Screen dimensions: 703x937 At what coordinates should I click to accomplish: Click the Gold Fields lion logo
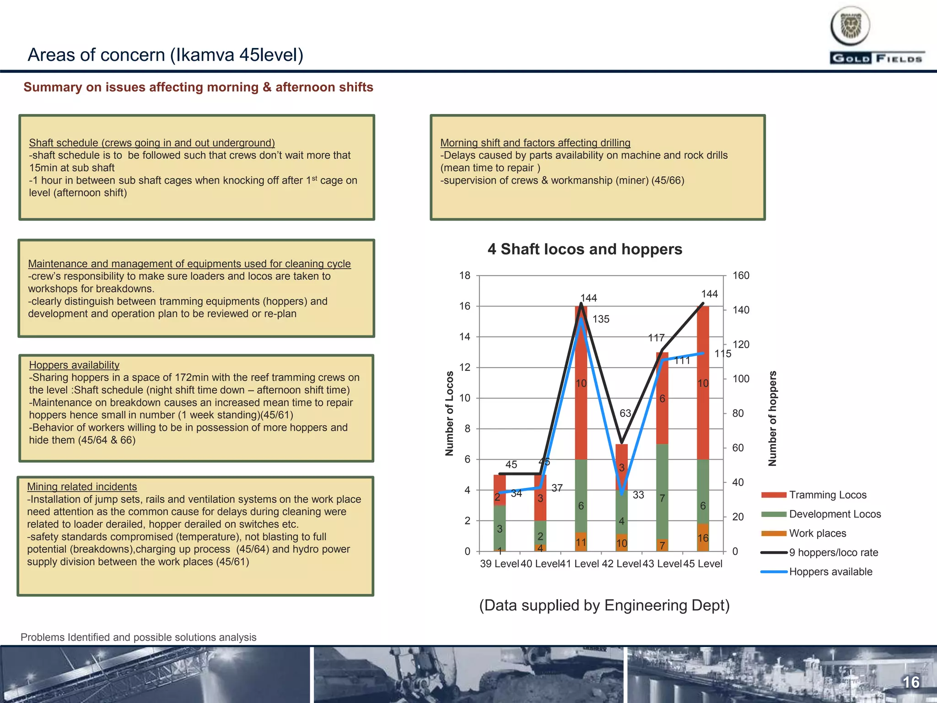pyautogui.click(x=850, y=26)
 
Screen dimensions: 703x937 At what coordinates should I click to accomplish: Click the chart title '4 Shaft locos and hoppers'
pyautogui.click(x=585, y=249)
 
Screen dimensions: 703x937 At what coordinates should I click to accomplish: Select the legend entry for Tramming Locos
pyautogui.click(x=827, y=495)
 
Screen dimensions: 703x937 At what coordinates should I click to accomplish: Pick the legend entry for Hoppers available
pyautogui.click(x=830, y=572)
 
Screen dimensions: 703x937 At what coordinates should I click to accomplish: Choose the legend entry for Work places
pyautogui.click(x=817, y=533)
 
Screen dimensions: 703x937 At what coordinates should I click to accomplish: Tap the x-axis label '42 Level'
pyautogui.click(x=621, y=564)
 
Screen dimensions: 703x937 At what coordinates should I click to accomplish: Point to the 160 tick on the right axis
pyautogui.click(x=741, y=276)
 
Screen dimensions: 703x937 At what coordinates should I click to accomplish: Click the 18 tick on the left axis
pyautogui.click(x=465, y=276)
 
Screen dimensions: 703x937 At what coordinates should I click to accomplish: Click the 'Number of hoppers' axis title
pyautogui.click(x=773, y=418)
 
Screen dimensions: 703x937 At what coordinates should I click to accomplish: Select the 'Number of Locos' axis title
pyautogui.click(x=449, y=413)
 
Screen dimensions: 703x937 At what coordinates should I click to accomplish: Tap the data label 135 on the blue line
pyautogui.click(x=601, y=319)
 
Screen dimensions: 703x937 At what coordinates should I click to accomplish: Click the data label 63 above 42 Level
pyautogui.click(x=625, y=413)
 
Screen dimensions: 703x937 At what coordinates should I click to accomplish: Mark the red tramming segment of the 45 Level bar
pyautogui.click(x=703, y=383)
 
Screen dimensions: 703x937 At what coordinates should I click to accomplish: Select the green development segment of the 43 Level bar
pyautogui.click(x=662, y=492)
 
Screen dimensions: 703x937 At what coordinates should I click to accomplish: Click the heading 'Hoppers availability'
pyautogui.click(x=74, y=365)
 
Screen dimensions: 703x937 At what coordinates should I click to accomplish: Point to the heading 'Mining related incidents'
pyautogui.click(x=82, y=487)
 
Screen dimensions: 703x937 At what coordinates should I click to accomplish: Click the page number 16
pyautogui.click(x=911, y=682)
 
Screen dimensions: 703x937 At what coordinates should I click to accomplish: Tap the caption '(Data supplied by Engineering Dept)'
pyautogui.click(x=604, y=605)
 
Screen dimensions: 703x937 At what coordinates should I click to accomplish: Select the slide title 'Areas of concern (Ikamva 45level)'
pyautogui.click(x=165, y=55)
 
